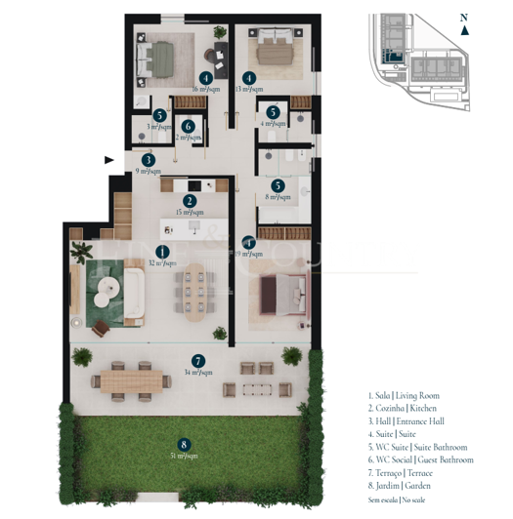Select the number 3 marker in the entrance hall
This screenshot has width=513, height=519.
149,160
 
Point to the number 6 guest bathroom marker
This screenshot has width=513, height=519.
188,126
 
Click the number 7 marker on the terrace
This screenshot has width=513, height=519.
198,360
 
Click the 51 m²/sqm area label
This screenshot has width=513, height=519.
183,456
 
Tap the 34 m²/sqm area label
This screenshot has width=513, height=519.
198,372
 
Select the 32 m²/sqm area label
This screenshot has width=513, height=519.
162,262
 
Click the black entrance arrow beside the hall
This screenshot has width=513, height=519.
110,158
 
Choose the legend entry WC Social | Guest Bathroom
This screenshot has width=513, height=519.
421,459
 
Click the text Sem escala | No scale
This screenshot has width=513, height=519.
403,498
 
